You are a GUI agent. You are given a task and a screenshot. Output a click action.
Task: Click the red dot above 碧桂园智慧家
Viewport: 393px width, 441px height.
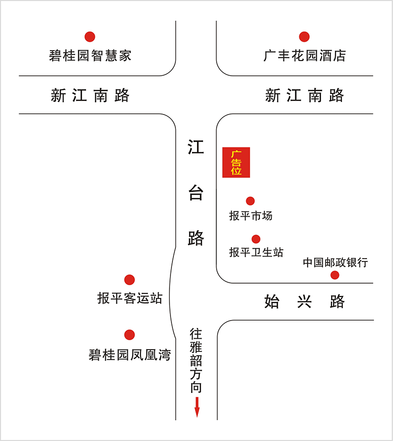point(90,36)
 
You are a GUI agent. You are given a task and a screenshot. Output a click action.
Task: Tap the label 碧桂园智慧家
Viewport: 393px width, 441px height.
point(90,56)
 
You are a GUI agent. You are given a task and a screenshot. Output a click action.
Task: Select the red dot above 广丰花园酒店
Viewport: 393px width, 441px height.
point(304,36)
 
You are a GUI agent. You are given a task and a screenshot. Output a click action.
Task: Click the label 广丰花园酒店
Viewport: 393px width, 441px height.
point(305,56)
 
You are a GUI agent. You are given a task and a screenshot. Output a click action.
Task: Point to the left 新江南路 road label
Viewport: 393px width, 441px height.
point(90,95)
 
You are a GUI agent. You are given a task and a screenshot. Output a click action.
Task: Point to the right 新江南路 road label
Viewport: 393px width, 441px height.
point(305,95)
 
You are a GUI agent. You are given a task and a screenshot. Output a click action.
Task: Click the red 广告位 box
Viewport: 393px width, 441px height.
point(236,162)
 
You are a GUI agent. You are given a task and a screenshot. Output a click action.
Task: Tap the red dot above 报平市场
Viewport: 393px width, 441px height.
point(250,201)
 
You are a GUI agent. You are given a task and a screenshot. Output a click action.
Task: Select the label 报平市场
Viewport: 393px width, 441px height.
point(251,216)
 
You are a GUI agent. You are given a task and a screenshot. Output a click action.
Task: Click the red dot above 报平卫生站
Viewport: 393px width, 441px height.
point(256,239)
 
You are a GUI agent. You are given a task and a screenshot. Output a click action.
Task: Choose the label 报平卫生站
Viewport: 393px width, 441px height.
point(256,252)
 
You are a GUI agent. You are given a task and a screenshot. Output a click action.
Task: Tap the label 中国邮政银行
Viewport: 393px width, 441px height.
point(336,263)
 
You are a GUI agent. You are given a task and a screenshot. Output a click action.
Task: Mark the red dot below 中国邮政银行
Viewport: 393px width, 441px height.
point(335,275)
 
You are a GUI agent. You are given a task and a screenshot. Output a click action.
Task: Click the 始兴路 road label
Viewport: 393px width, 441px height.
point(305,301)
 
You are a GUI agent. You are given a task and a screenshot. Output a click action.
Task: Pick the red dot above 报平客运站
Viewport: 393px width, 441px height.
point(130,280)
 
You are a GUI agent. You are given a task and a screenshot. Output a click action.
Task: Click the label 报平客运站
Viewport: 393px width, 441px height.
point(130,298)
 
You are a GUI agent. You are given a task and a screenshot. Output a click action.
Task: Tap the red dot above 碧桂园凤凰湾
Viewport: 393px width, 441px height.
point(130,335)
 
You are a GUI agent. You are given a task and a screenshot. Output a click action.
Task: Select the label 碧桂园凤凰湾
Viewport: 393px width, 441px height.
point(130,355)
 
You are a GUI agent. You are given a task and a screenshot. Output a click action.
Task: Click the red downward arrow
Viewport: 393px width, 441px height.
point(197,407)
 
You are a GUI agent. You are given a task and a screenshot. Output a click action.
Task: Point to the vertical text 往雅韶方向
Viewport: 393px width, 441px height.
point(196,360)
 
